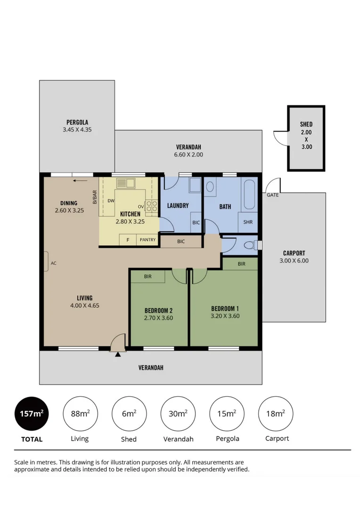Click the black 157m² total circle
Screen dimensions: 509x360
[32, 414]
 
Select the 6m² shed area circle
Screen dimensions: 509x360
[128, 414]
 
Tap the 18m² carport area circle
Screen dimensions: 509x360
[276, 414]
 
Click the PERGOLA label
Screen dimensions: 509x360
[77, 122]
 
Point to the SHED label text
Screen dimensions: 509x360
[306, 124]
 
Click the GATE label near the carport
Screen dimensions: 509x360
[272, 195]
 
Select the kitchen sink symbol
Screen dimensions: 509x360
[126, 183]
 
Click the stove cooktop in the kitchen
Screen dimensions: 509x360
[152, 205]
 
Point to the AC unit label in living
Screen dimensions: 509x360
[53, 263]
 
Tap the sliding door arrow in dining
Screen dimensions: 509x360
[81, 180]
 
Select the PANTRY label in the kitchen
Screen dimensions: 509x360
[147, 240]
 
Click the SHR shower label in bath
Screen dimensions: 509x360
[247, 222]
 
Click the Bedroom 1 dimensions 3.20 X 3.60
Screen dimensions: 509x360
[225, 316]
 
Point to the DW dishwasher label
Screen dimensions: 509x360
[111, 201]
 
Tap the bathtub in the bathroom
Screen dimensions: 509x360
[249, 194]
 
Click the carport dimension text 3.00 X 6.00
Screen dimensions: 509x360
[294, 260]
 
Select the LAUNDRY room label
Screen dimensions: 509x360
[178, 205]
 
